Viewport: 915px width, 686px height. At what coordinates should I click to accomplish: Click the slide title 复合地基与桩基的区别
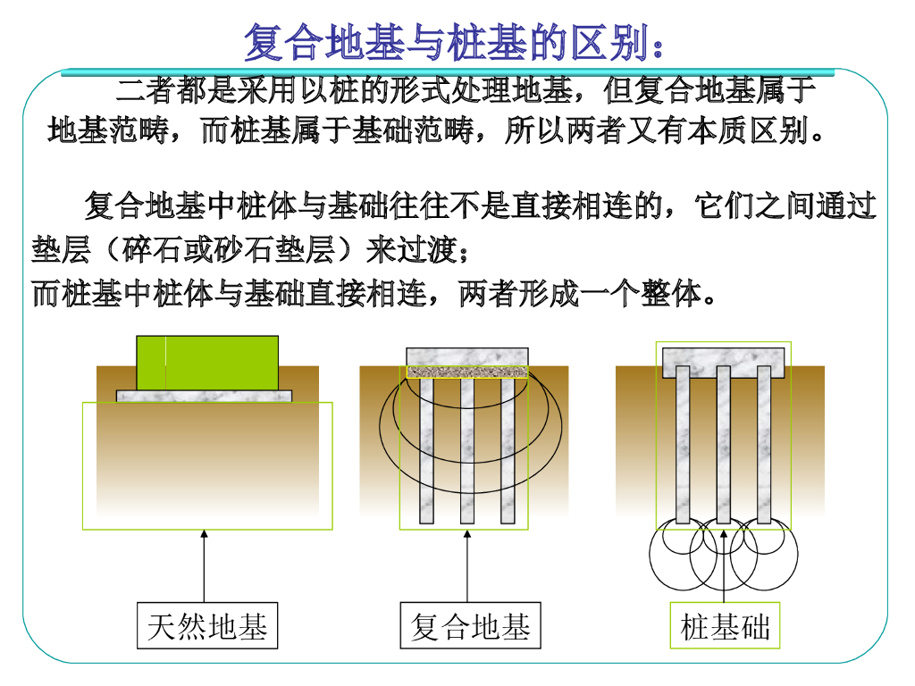[x=454, y=41]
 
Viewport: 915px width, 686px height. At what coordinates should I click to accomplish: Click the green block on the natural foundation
[x=207, y=363]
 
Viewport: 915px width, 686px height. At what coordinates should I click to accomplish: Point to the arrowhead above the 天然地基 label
[x=204, y=535]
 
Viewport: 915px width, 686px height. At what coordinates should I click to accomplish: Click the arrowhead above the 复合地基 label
[x=467, y=535]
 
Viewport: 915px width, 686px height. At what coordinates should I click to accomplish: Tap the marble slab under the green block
[x=205, y=396]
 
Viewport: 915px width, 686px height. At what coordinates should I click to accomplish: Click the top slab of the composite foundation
[x=467, y=356]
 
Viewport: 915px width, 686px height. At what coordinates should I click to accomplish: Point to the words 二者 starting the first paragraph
[x=134, y=91]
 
